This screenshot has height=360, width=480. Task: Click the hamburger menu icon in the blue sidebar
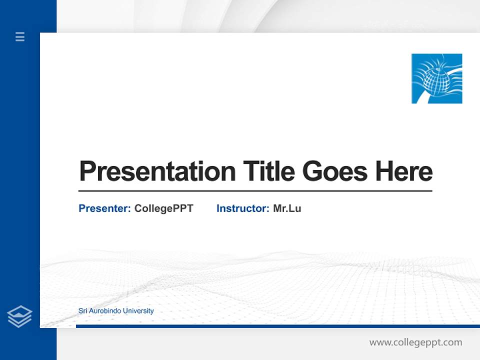[20, 36]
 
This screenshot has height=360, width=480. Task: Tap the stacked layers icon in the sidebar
[19, 316]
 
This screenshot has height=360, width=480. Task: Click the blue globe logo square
[436, 78]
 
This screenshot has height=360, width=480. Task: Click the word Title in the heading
[269, 171]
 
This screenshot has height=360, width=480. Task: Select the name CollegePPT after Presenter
[163, 208]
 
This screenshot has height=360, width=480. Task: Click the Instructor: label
[243, 208]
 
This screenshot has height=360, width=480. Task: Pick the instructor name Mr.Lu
[287, 208]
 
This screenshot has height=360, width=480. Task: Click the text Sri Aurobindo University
[116, 311]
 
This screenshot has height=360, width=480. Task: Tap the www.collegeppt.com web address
[415, 342]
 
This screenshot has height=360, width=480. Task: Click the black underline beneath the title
[255, 190]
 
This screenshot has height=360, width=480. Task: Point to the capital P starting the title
[87, 171]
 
